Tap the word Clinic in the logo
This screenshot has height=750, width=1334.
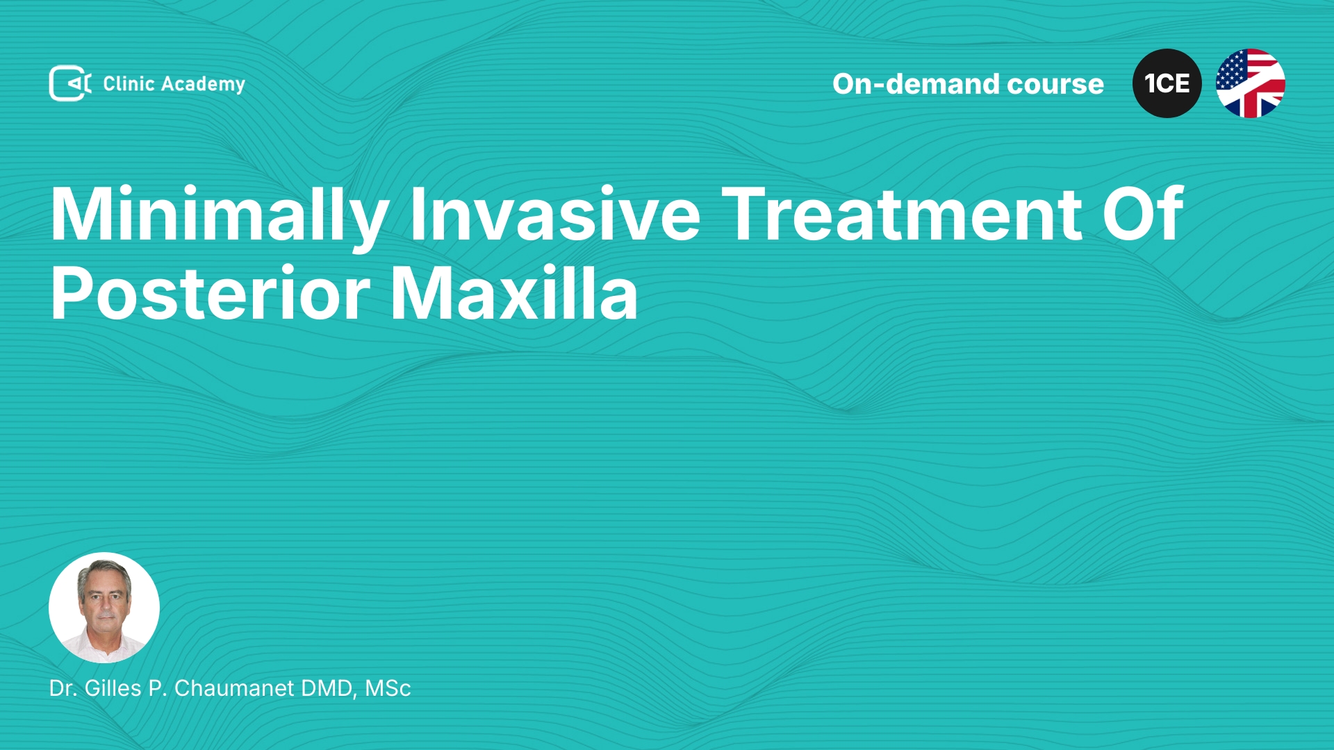(x=129, y=83)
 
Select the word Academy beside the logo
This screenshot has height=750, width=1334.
(x=203, y=85)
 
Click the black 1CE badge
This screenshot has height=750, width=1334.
(x=1167, y=83)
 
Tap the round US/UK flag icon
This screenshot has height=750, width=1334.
(x=1251, y=83)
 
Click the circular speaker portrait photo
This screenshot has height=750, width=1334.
(x=104, y=608)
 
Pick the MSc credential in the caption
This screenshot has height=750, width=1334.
(x=388, y=688)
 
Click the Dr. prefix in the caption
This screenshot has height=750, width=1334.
(x=63, y=688)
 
